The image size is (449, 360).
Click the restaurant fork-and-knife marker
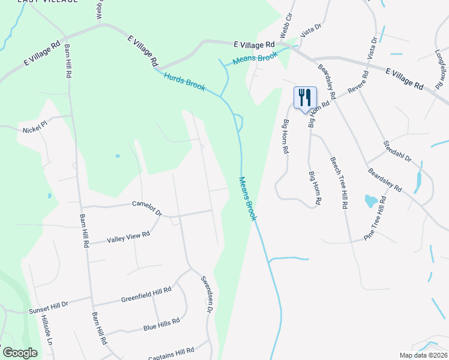(305, 98)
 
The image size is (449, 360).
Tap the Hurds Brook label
(184, 83)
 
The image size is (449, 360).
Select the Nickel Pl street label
(35, 130)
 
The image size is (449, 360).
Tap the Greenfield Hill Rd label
(146, 294)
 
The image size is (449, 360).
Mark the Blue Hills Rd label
(161, 325)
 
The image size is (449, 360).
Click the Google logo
(20, 353)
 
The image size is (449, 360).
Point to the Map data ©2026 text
(423, 355)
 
